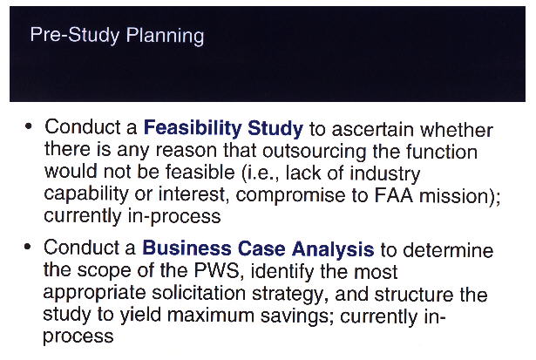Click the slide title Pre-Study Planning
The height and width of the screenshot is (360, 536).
(x=117, y=36)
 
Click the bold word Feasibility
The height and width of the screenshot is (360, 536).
(x=193, y=128)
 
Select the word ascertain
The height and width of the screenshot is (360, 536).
(x=373, y=130)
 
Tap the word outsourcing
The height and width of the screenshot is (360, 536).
(x=314, y=152)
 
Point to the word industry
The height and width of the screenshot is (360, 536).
(x=385, y=174)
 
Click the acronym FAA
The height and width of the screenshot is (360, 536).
(x=394, y=195)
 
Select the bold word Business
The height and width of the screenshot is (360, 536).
(x=187, y=248)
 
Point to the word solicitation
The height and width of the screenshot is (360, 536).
(x=199, y=293)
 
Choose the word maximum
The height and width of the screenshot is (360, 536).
(x=211, y=315)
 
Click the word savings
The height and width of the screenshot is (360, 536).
(x=297, y=316)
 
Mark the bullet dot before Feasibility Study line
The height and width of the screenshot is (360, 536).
(x=29, y=126)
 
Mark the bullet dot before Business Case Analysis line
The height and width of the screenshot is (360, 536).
(x=28, y=247)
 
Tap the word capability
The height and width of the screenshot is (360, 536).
(x=86, y=195)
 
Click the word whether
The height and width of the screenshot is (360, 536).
(x=457, y=130)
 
